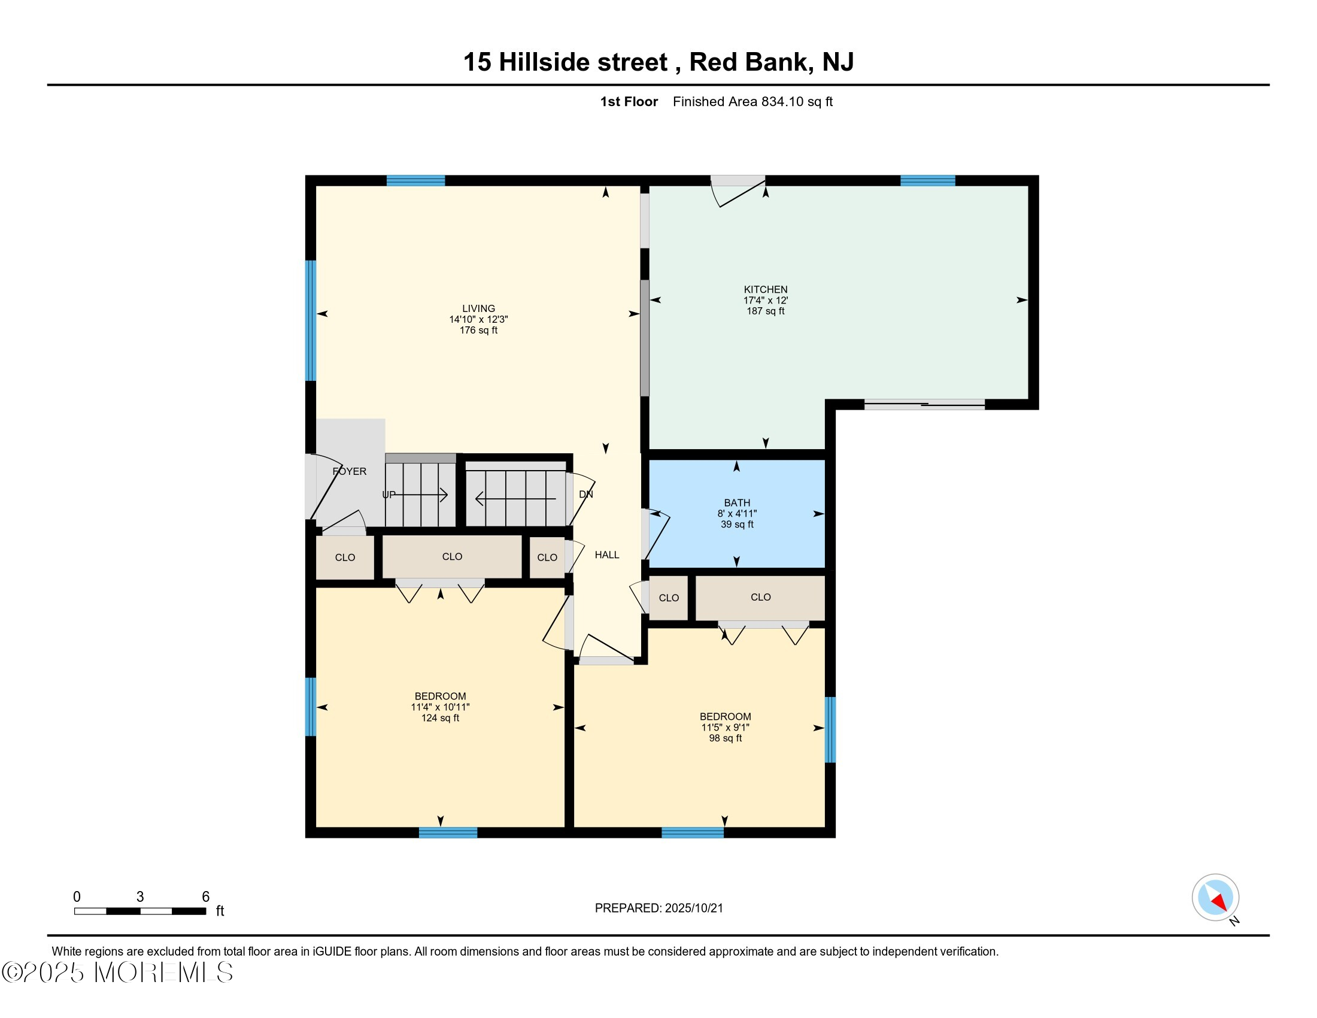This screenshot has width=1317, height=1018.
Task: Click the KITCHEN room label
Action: click(x=765, y=289)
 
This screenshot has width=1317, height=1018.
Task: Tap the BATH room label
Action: click(x=737, y=502)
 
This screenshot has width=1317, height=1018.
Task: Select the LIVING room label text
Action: click(x=478, y=308)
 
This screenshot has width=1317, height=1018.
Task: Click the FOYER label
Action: click(x=350, y=471)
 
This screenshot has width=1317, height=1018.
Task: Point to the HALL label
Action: click(x=606, y=555)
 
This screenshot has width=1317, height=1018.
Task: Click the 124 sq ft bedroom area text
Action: click(x=440, y=717)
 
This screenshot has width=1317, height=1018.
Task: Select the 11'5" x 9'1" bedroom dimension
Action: click(x=725, y=728)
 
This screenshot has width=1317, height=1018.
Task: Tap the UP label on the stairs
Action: click(x=389, y=495)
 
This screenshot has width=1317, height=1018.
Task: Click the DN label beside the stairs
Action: click(x=585, y=494)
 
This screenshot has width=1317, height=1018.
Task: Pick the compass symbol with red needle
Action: click(x=1215, y=897)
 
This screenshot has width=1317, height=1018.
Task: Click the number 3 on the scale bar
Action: click(x=140, y=896)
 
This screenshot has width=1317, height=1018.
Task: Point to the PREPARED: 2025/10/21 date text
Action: click(x=658, y=908)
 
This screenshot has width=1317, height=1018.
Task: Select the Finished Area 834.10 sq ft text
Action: click(x=752, y=101)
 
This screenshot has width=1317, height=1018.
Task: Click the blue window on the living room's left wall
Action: click(x=311, y=320)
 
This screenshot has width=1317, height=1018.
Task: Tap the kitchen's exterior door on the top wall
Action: click(x=738, y=181)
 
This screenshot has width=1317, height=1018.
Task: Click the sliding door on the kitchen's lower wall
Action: click(x=924, y=405)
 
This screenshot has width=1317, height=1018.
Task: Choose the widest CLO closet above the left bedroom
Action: click(x=451, y=557)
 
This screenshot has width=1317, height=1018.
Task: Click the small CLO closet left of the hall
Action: click(x=547, y=558)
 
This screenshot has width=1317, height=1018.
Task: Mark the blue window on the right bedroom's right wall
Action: click(x=830, y=730)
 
